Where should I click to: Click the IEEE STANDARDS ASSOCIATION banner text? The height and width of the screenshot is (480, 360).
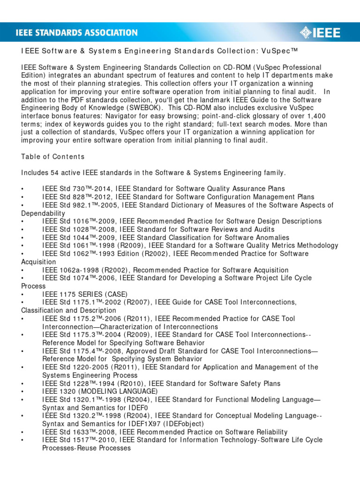77,33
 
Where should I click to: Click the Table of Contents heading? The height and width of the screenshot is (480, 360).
53,157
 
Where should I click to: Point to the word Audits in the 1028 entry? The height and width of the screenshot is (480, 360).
264,230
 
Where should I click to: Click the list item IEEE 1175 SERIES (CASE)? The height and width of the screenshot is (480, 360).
84,294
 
